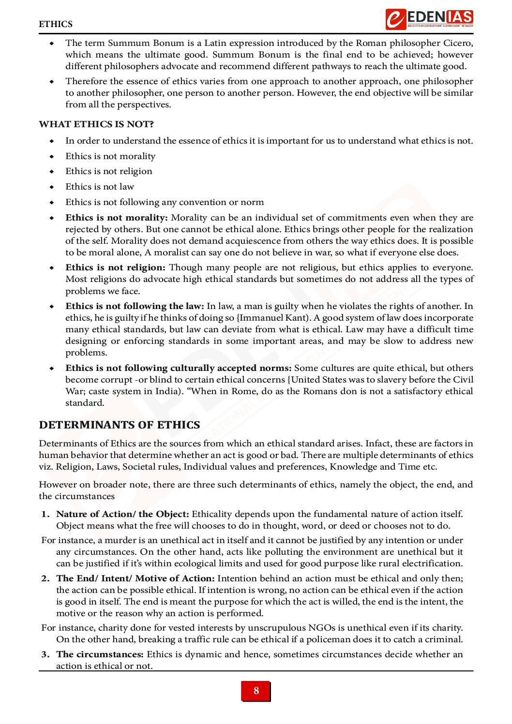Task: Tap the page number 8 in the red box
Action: click(256, 691)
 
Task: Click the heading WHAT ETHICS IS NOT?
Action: click(96, 124)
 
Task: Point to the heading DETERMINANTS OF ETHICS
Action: click(120, 425)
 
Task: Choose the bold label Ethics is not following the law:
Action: click(135, 306)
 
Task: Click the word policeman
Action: click(317, 639)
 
